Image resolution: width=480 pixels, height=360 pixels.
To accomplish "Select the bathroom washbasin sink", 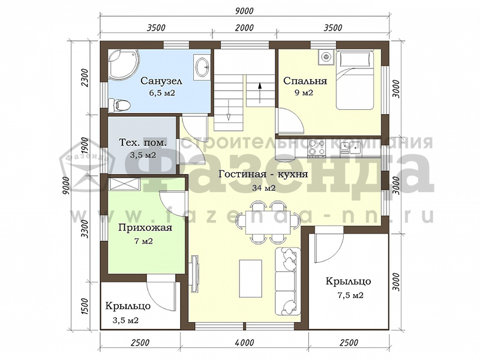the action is coord(202,67).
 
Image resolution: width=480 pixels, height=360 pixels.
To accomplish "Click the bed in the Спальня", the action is coord(355,80).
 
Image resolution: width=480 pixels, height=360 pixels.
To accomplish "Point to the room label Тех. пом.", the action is coord(143,143).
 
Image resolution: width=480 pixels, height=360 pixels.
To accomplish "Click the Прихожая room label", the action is coord(145,228).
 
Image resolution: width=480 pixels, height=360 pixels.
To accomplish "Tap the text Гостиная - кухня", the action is coord(263,174).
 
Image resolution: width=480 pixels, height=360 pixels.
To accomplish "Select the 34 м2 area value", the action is coord(263,188).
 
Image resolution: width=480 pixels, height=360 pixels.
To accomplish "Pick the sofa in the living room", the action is coord(288,281).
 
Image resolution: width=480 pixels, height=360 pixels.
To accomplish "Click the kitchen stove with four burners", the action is coord(317,148).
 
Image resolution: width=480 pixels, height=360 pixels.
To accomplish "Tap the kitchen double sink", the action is coord(350,148).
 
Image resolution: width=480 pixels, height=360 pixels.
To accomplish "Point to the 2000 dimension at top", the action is coord(245,28).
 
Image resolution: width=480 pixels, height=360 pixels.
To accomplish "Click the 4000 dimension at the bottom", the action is coord(245,342).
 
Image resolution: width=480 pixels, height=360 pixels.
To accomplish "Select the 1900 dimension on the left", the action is coord(85,146).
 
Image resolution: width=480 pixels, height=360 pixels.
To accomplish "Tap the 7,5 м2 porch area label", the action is coord(348,296).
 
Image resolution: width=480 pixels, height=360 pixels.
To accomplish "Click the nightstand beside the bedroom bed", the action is coord(326,58).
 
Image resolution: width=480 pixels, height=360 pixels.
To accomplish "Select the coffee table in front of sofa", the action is coord(251,278).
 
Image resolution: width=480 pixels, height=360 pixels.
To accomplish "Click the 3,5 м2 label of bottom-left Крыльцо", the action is coord(125,320).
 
